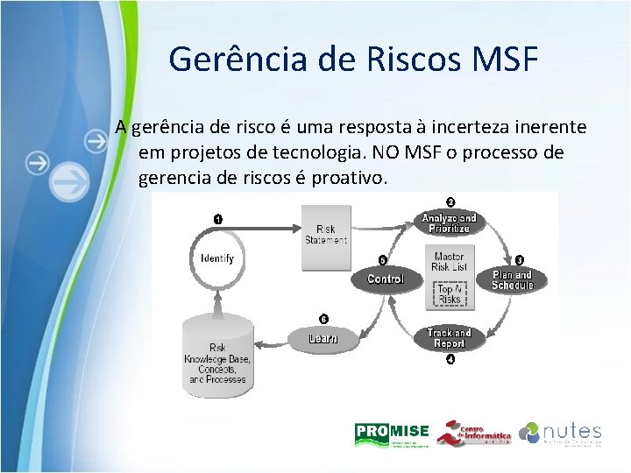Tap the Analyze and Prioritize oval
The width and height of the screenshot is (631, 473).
point(450,222)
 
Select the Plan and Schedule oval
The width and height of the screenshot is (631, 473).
point(512,279)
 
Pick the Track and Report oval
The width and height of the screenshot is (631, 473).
point(449,337)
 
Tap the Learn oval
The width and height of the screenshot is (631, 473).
point(323,338)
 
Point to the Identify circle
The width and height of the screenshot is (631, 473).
point(216,258)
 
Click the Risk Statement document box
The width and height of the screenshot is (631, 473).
point(326,231)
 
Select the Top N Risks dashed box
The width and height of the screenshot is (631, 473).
point(449,293)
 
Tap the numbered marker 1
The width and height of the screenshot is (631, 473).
point(216,218)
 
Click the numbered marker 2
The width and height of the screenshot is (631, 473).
point(450,201)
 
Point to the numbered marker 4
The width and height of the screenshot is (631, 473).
point(450,359)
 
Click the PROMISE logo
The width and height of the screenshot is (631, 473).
point(391,433)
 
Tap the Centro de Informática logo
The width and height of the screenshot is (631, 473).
point(474,433)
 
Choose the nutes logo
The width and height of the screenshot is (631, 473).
point(560,433)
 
